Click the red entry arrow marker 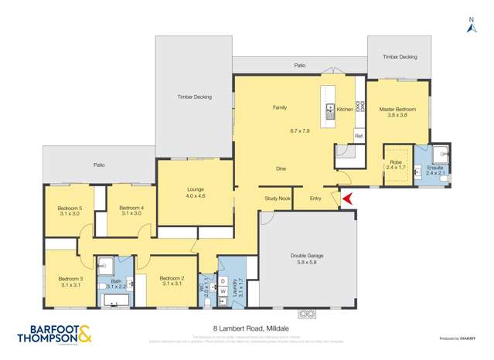pyautogui.click(x=347, y=199)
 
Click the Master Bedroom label pyautogui.click(x=397, y=110)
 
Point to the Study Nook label pyautogui.click(x=277, y=199)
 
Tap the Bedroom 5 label pyautogui.click(x=69, y=207)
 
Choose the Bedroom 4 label pyautogui.click(x=131, y=207)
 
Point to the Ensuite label pyautogui.click(x=435, y=168)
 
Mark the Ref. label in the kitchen pyautogui.click(x=359, y=137)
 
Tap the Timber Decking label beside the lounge pyautogui.click(x=194, y=97)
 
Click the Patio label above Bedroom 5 pyautogui.click(x=99, y=165)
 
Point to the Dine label pyautogui.click(x=281, y=168)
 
